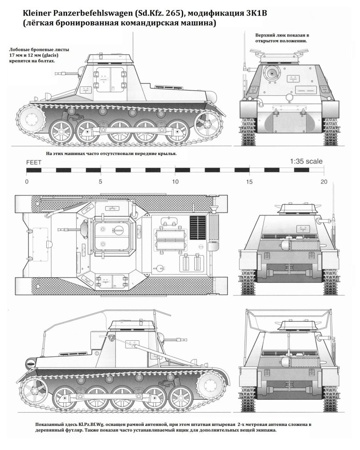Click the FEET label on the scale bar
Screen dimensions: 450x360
click(34, 163)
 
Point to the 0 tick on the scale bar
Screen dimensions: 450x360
click(27, 182)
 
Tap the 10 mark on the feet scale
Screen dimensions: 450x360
click(176, 182)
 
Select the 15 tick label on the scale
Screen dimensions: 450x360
click(250, 182)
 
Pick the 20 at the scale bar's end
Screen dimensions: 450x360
click(324, 182)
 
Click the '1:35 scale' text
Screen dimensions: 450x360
click(307, 162)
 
